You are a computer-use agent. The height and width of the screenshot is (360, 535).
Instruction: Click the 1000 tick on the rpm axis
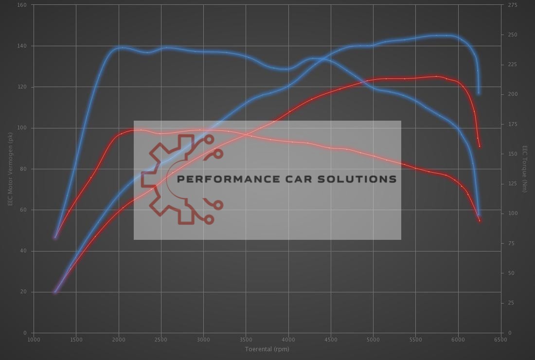tap(34, 340)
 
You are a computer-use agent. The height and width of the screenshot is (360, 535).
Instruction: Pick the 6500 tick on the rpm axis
tap(500, 340)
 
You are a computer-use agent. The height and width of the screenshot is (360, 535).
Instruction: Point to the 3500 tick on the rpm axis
tap(246, 340)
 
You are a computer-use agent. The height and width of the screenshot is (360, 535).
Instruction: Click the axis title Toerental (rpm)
tap(267, 349)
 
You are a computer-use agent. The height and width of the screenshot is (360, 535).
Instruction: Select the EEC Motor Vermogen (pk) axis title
tap(10, 169)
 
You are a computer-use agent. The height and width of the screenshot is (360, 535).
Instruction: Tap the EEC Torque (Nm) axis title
tap(525, 169)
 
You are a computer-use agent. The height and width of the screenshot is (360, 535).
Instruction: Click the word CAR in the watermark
tap(295, 179)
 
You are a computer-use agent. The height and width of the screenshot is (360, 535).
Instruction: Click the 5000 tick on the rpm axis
tap(373, 340)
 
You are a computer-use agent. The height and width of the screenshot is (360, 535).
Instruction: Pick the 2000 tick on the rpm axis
tap(118, 340)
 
